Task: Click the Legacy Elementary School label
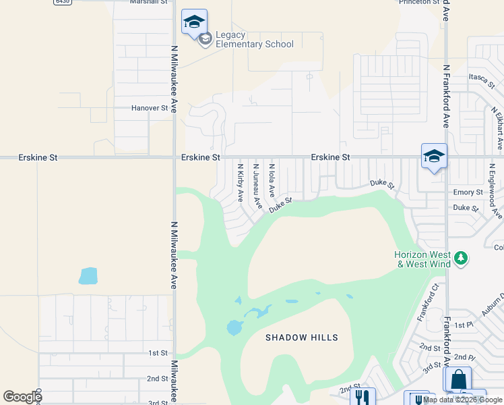(x=254, y=40)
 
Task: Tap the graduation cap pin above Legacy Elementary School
(x=194, y=22)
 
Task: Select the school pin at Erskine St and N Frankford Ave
(x=434, y=157)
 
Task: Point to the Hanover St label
(x=149, y=108)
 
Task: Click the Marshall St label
(x=149, y=2)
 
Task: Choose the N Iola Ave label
(x=272, y=180)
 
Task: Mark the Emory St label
(x=468, y=192)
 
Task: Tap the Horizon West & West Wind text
(x=422, y=259)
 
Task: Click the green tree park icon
(x=462, y=259)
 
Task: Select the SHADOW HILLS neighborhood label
(x=301, y=337)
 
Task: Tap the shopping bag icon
(x=458, y=379)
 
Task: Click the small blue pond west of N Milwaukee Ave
(x=88, y=276)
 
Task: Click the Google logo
(x=22, y=398)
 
